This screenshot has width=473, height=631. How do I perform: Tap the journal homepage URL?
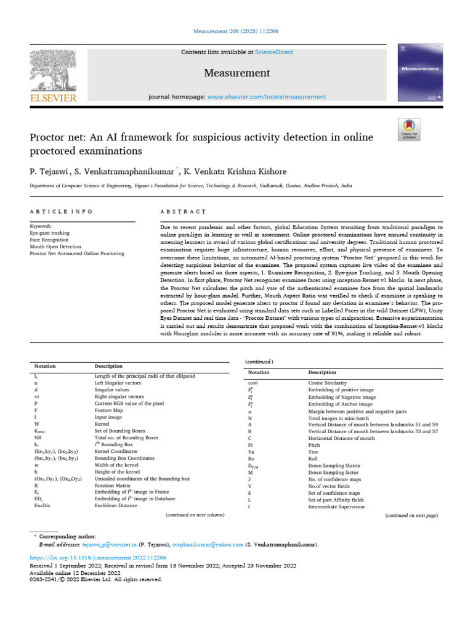coord(267,97)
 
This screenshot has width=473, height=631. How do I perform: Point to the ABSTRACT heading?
coord(183,211)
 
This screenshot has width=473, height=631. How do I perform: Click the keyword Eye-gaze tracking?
coord(50,233)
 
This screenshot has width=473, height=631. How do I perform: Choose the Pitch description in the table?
coord(314,444)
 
